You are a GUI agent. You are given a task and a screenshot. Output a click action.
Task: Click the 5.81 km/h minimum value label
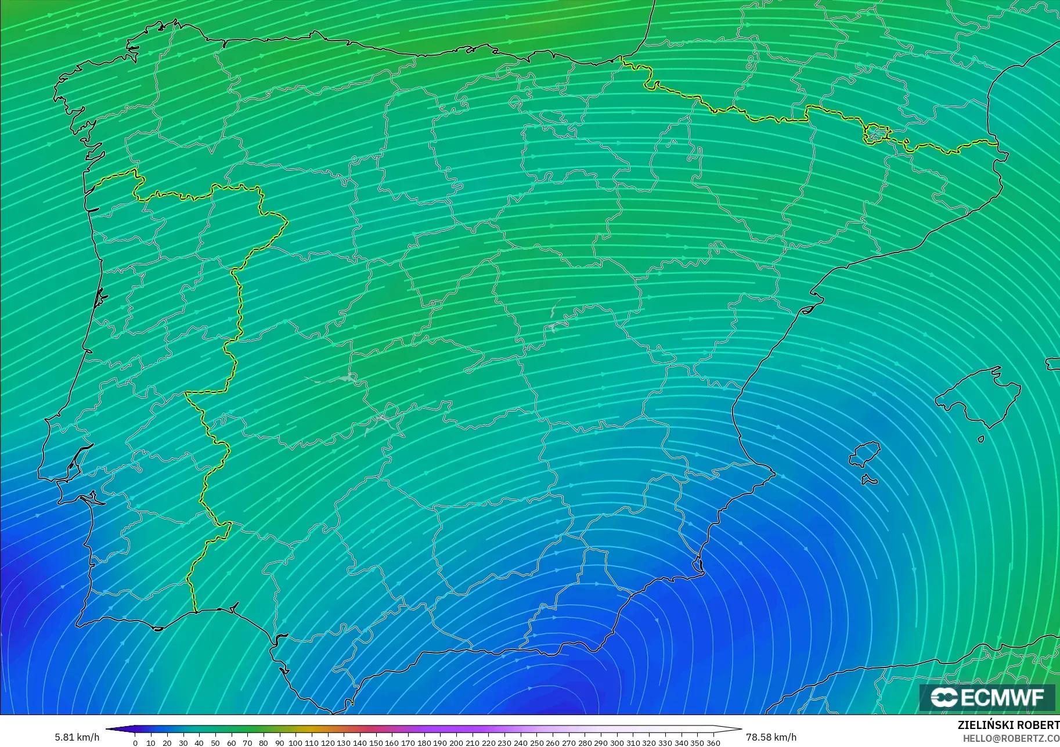point(77,737)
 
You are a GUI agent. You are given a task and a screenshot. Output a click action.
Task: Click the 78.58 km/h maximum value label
point(771,737)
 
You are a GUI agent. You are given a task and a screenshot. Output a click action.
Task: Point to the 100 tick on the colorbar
point(295,742)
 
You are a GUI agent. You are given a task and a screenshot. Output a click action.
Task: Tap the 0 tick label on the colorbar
point(135,742)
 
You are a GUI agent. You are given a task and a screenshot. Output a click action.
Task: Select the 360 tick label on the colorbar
point(713,742)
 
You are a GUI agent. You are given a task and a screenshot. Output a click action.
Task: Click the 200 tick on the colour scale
point(456,742)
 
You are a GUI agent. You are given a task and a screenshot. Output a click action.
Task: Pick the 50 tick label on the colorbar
point(215,742)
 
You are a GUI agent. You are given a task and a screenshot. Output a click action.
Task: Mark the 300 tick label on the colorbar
point(617,742)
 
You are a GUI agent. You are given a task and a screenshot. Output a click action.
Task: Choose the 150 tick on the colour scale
point(376,742)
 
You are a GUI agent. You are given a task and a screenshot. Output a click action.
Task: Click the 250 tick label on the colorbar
point(536,742)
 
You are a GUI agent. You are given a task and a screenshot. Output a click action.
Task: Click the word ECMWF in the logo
point(1002,697)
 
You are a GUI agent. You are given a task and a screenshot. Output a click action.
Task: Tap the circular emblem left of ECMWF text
point(944,697)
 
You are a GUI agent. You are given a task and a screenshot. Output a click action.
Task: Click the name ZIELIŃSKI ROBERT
point(1008,725)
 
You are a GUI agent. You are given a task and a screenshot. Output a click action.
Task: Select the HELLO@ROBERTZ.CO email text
point(1011,738)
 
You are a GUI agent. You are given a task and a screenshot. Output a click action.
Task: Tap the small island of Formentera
point(869,480)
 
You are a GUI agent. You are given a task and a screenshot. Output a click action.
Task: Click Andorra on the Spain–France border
point(876,134)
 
